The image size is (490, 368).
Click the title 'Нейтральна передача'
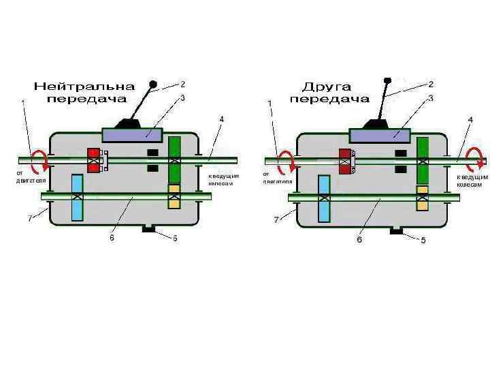coord(85,93)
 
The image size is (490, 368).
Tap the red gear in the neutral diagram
coord(94,160)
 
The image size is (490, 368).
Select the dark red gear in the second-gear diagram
coord(344,161)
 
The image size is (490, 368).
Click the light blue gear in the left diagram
coord(77,198)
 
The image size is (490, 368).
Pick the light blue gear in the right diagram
coord(324,198)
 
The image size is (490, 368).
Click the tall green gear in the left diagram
coord(175,160)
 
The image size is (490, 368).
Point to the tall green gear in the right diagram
coord(423,161)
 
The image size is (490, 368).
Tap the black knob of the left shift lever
coord(153,86)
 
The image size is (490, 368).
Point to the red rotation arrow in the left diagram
coord(42,161)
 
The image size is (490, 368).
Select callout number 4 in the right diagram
coord(471,119)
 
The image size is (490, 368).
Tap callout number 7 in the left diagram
coord(29,219)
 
